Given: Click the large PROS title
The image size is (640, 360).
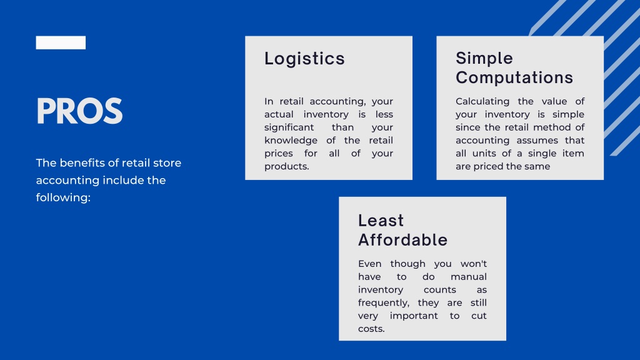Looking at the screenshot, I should [x=79, y=112].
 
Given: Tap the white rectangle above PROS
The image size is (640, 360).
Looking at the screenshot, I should [x=61, y=42].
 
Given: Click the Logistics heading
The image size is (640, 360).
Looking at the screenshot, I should [x=304, y=59].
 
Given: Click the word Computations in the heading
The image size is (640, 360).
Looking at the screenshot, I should [x=514, y=77].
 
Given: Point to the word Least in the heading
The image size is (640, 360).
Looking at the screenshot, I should [x=381, y=221].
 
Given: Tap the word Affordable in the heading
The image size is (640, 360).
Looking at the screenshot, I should [x=402, y=240].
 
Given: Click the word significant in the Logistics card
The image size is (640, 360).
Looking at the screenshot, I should [x=289, y=127].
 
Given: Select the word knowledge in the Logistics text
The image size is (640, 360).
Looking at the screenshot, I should [x=291, y=141].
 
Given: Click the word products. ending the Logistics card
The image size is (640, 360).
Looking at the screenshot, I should [x=286, y=167].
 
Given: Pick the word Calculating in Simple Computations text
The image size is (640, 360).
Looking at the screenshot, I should [x=482, y=101].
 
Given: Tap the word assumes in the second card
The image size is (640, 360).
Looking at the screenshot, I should [x=537, y=141].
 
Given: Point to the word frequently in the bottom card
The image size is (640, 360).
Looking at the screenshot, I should [x=383, y=303].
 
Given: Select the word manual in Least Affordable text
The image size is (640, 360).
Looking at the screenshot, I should [x=468, y=277].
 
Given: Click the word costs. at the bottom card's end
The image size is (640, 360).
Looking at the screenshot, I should [x=371, y=329].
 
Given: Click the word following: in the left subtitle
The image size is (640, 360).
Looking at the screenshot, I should [x=63, y=197].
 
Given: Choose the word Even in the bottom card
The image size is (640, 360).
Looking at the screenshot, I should [x=369, y=264].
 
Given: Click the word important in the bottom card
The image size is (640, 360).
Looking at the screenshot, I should [x=414, y=316].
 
